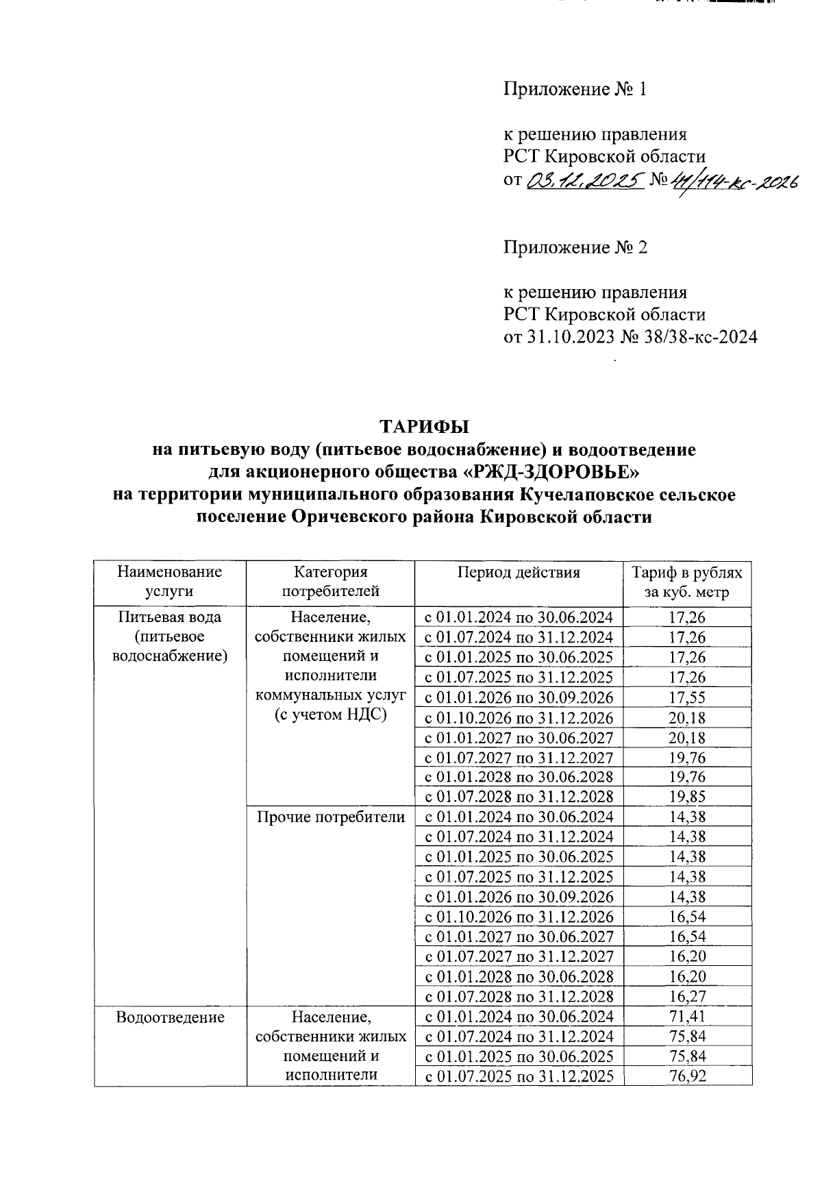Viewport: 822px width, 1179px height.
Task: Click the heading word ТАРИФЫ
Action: tap(425, 426)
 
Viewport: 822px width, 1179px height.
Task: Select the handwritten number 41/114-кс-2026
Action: tap(733, 182)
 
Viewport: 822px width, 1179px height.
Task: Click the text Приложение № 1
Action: tap(575, 89)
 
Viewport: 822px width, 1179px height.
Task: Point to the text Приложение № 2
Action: tap(575, 247)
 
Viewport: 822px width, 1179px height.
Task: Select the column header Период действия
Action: tap(518, 573)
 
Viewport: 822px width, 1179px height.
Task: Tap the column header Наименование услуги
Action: tap(169, 582)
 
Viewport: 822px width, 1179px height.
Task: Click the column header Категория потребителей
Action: tap(330, 582)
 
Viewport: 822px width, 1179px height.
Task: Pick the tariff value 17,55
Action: tap(686, 697)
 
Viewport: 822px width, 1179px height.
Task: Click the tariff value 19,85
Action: tap(686, 797)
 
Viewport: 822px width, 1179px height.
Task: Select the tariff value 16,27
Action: tap(686, 996)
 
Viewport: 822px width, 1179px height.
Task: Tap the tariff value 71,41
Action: tap(686, 1016)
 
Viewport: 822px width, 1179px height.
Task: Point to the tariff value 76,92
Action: tap(686, 1076)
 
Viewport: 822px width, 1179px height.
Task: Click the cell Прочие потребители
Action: tap(330, 817)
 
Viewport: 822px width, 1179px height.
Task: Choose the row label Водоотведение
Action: tap(170, 1017)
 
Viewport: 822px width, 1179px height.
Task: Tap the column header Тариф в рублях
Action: tap(686, 573)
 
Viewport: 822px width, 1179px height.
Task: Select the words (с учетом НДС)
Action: tap(330, 715)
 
